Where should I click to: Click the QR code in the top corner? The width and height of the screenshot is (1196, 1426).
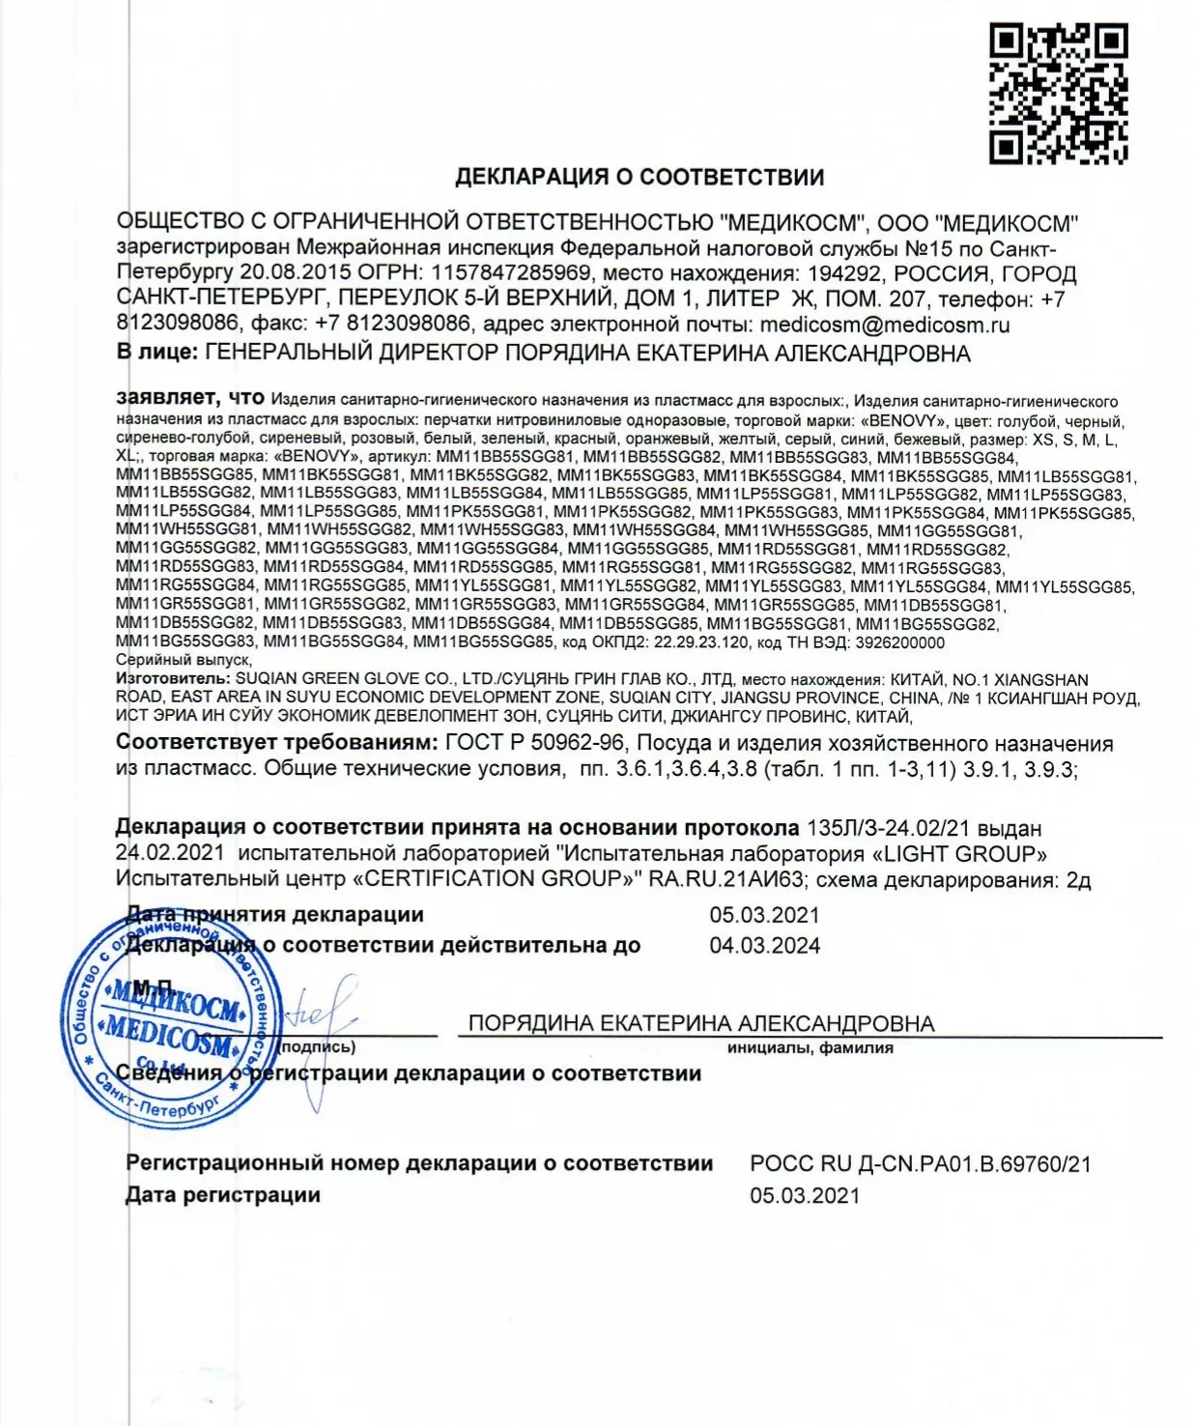pyautogui.click(x=1058, y=93)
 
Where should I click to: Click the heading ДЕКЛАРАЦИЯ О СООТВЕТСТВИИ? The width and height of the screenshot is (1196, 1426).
pyautogui.click(x=640, y=177)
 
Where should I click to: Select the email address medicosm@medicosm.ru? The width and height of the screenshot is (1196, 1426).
pyautogui.click(x=884, y=325)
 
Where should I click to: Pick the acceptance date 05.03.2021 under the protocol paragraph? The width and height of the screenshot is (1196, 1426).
pyautogui.click(x=764, y=915)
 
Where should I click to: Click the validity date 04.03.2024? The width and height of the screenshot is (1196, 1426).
pyautogui.click(x=764, y=946)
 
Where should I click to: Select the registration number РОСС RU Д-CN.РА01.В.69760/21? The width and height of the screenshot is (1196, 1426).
pyautogui.click(x=920, y=1164)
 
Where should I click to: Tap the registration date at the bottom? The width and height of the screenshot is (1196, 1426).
pyautogui.click(x=804, y=1195)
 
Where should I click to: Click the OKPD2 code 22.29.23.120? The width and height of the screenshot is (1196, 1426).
pyautogui.click(x=688, y=642)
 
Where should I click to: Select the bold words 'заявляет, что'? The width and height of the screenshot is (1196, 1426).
pyautogui.click(x=189, y=397)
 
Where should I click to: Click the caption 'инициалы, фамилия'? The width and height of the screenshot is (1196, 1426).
pyautogui.click(x=810, y=1048)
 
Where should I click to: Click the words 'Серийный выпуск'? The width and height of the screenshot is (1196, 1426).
pyautogui.click(x=183, y=661)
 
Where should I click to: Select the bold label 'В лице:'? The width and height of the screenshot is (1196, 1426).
pyautogui.click(x=157, y=353)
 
